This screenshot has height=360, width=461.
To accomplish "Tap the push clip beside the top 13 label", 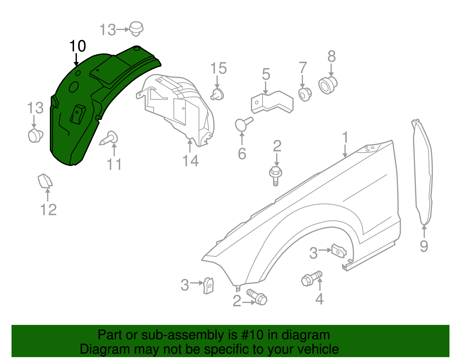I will coord(136,29).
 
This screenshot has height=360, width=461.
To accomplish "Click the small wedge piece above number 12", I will coord(45,181).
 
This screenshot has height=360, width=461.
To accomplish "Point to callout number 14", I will coord(190,161).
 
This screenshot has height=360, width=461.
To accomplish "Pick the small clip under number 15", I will coord(218,95).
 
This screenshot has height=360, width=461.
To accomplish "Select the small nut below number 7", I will coord(304,94).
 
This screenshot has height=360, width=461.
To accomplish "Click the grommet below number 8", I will coord(328,85).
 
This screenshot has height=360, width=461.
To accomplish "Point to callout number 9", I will coord(424,246).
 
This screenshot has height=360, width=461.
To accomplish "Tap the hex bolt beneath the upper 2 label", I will coord(275,175).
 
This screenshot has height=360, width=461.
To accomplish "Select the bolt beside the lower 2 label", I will coord(257,297).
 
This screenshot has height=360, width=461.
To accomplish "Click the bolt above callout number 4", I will coord(311,278).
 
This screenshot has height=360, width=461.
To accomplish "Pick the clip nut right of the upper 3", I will coord(339,250).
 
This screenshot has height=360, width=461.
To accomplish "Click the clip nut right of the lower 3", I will coord(209,285).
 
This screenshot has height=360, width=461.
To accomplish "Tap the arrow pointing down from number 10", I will coord(76,60).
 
